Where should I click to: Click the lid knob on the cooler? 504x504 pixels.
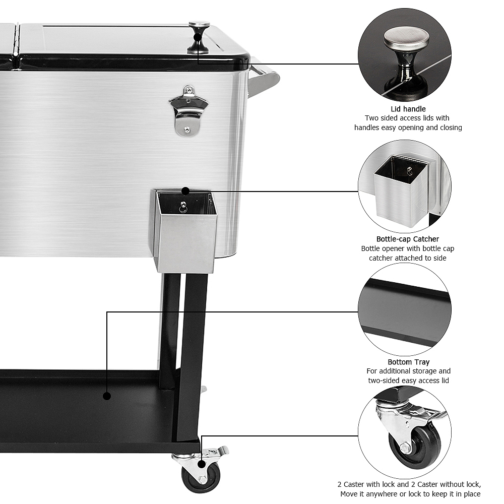[199, 37]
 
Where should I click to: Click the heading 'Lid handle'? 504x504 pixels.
[408, 109]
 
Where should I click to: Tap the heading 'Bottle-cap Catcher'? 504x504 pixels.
[407, 239]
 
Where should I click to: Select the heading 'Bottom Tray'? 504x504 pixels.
[408, 362]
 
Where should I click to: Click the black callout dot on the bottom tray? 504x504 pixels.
[107, 396]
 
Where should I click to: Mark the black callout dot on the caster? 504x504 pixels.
[202, 464]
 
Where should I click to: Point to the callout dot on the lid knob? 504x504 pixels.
[198, 37]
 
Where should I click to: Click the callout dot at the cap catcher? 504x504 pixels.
[185, 191]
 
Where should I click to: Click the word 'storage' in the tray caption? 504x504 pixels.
[424, 371]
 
